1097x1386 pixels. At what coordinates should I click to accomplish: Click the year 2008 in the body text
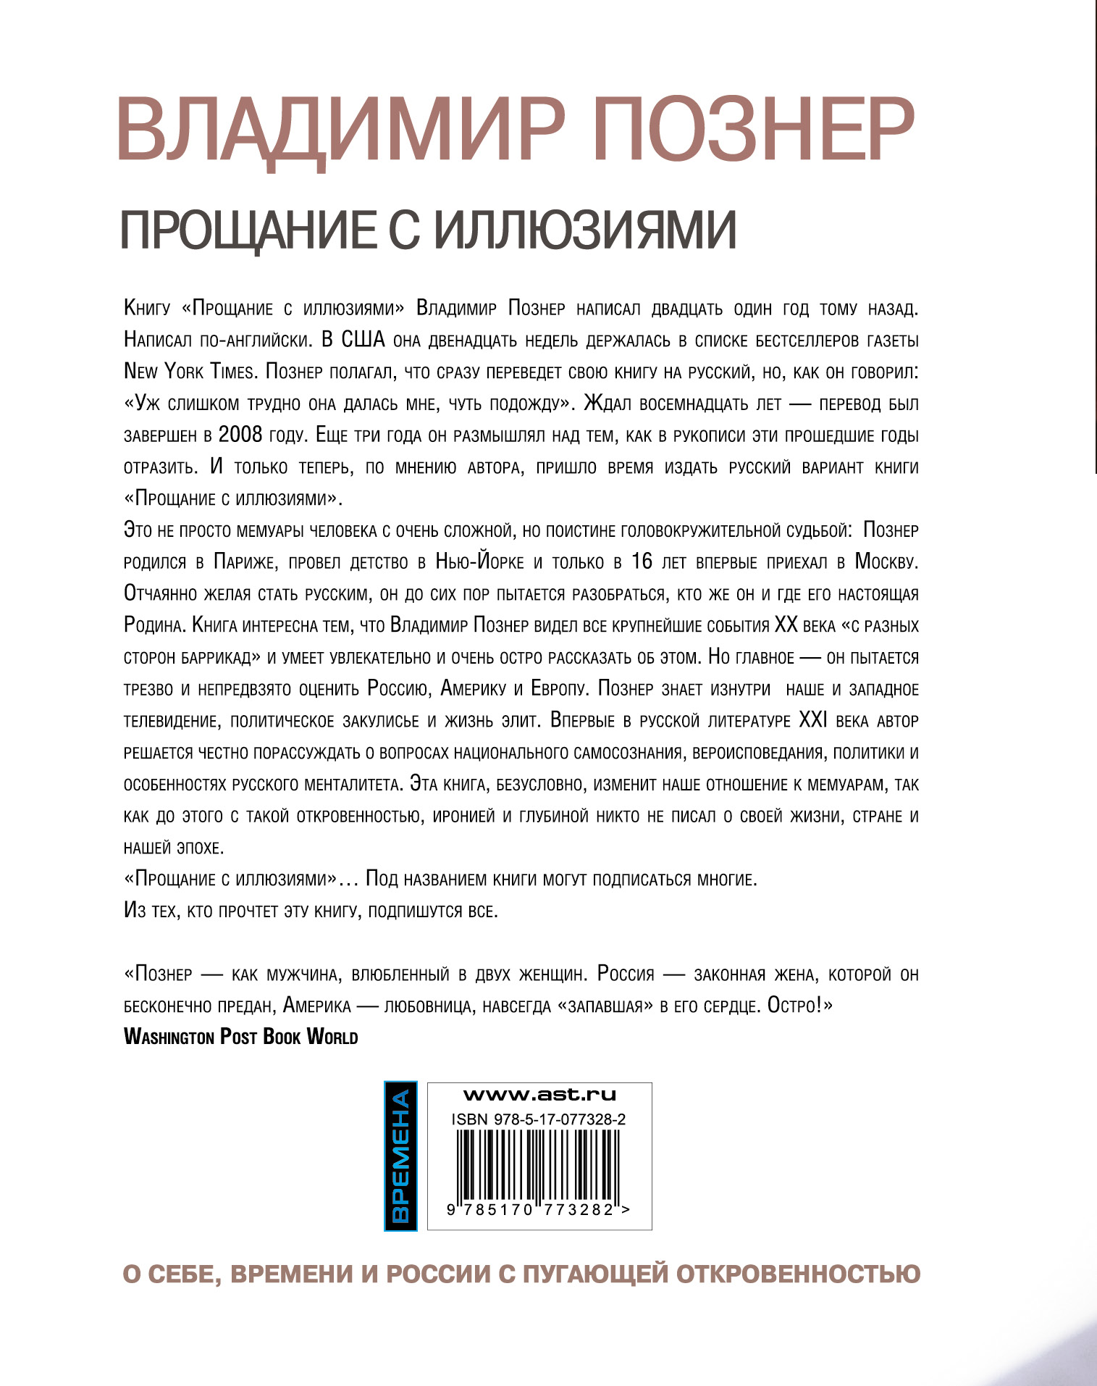tap(240, 435)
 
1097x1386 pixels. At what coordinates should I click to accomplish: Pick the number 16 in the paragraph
tap(642, 562)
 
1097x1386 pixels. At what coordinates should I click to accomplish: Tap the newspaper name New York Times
tap(190, 372)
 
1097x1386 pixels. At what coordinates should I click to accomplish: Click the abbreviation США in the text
tap(362, 340)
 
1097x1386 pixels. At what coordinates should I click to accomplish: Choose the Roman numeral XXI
tap(812, 720)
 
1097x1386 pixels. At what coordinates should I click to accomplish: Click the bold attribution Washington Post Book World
tap(241, 1037)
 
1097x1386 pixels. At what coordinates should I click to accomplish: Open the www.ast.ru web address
tap(539, 1095)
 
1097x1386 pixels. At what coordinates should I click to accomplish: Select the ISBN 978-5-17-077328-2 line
tap(539, 1119)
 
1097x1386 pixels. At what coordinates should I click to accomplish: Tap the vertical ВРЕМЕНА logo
tap(400, 1156)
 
